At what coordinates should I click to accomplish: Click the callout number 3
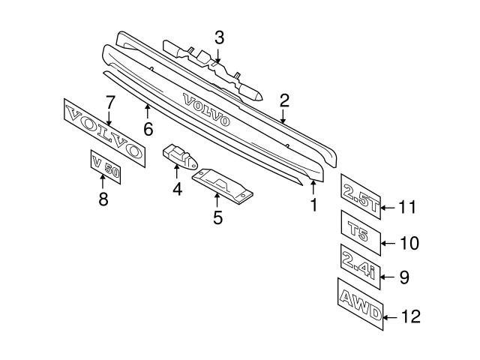click(x=219, y=37)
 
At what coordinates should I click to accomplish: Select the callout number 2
click(x=284, y=100)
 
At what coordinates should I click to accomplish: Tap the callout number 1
click(x=313, y=202)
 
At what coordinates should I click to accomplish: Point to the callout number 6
click(x=148, y=128)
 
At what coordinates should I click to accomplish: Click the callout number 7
click(x=109, y=101)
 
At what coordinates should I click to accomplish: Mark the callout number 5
click(x=217, y=217)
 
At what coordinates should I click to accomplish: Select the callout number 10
click(x=409, y=243)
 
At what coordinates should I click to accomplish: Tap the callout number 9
click(x=404, y=277)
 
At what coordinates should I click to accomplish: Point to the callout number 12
click(x=411, y=317)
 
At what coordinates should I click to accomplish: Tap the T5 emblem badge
click(x=361, y=229)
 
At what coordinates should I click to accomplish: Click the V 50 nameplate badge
click(x=106, y=169)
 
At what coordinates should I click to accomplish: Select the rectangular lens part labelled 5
click(x=222, y=186)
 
